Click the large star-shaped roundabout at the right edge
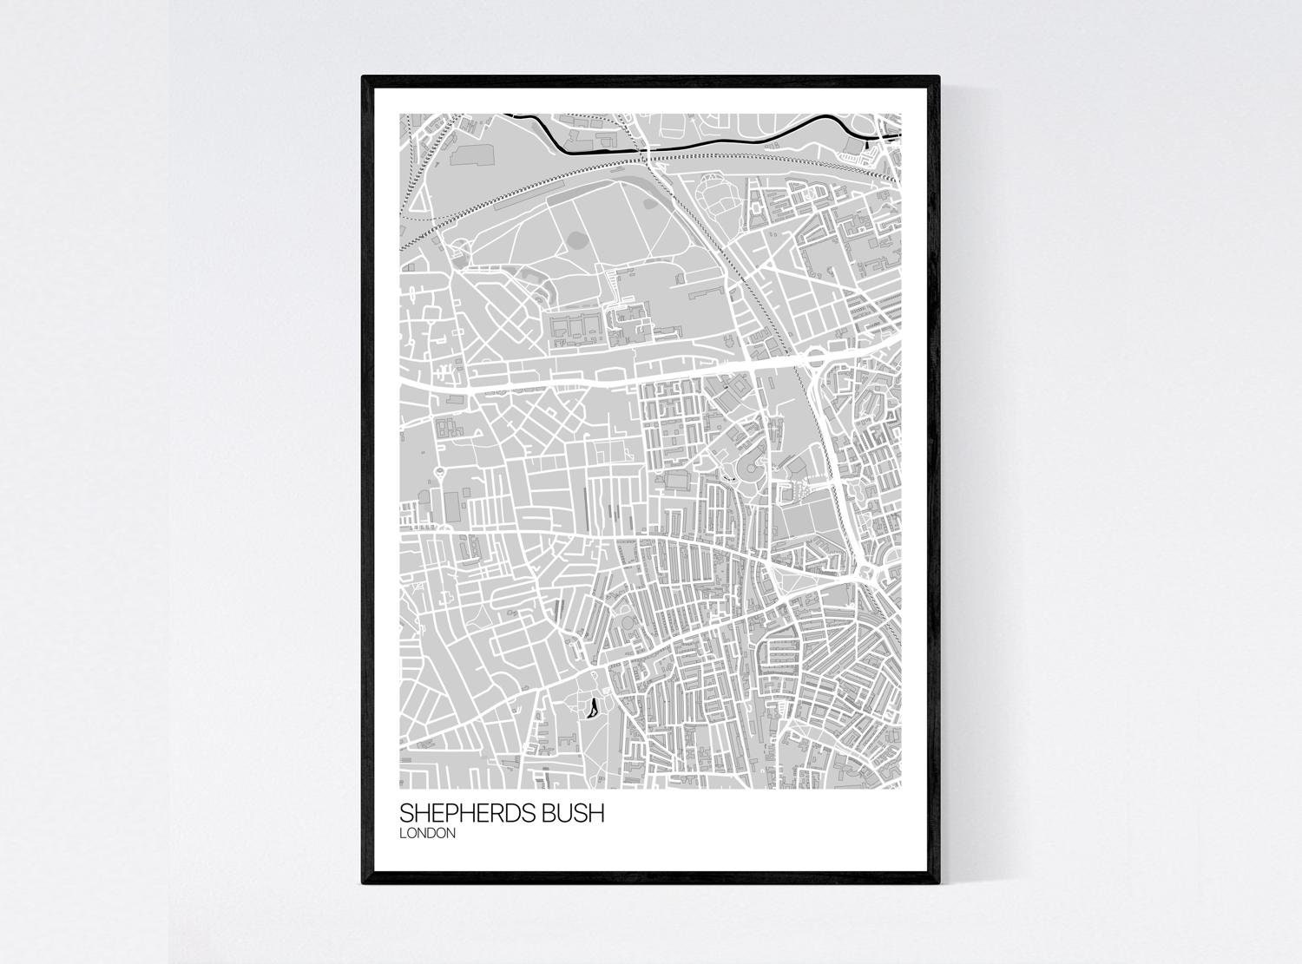point(868,574)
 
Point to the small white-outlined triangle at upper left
point(418,200)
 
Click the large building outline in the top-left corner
point(470,155)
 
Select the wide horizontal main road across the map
point(608,376)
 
